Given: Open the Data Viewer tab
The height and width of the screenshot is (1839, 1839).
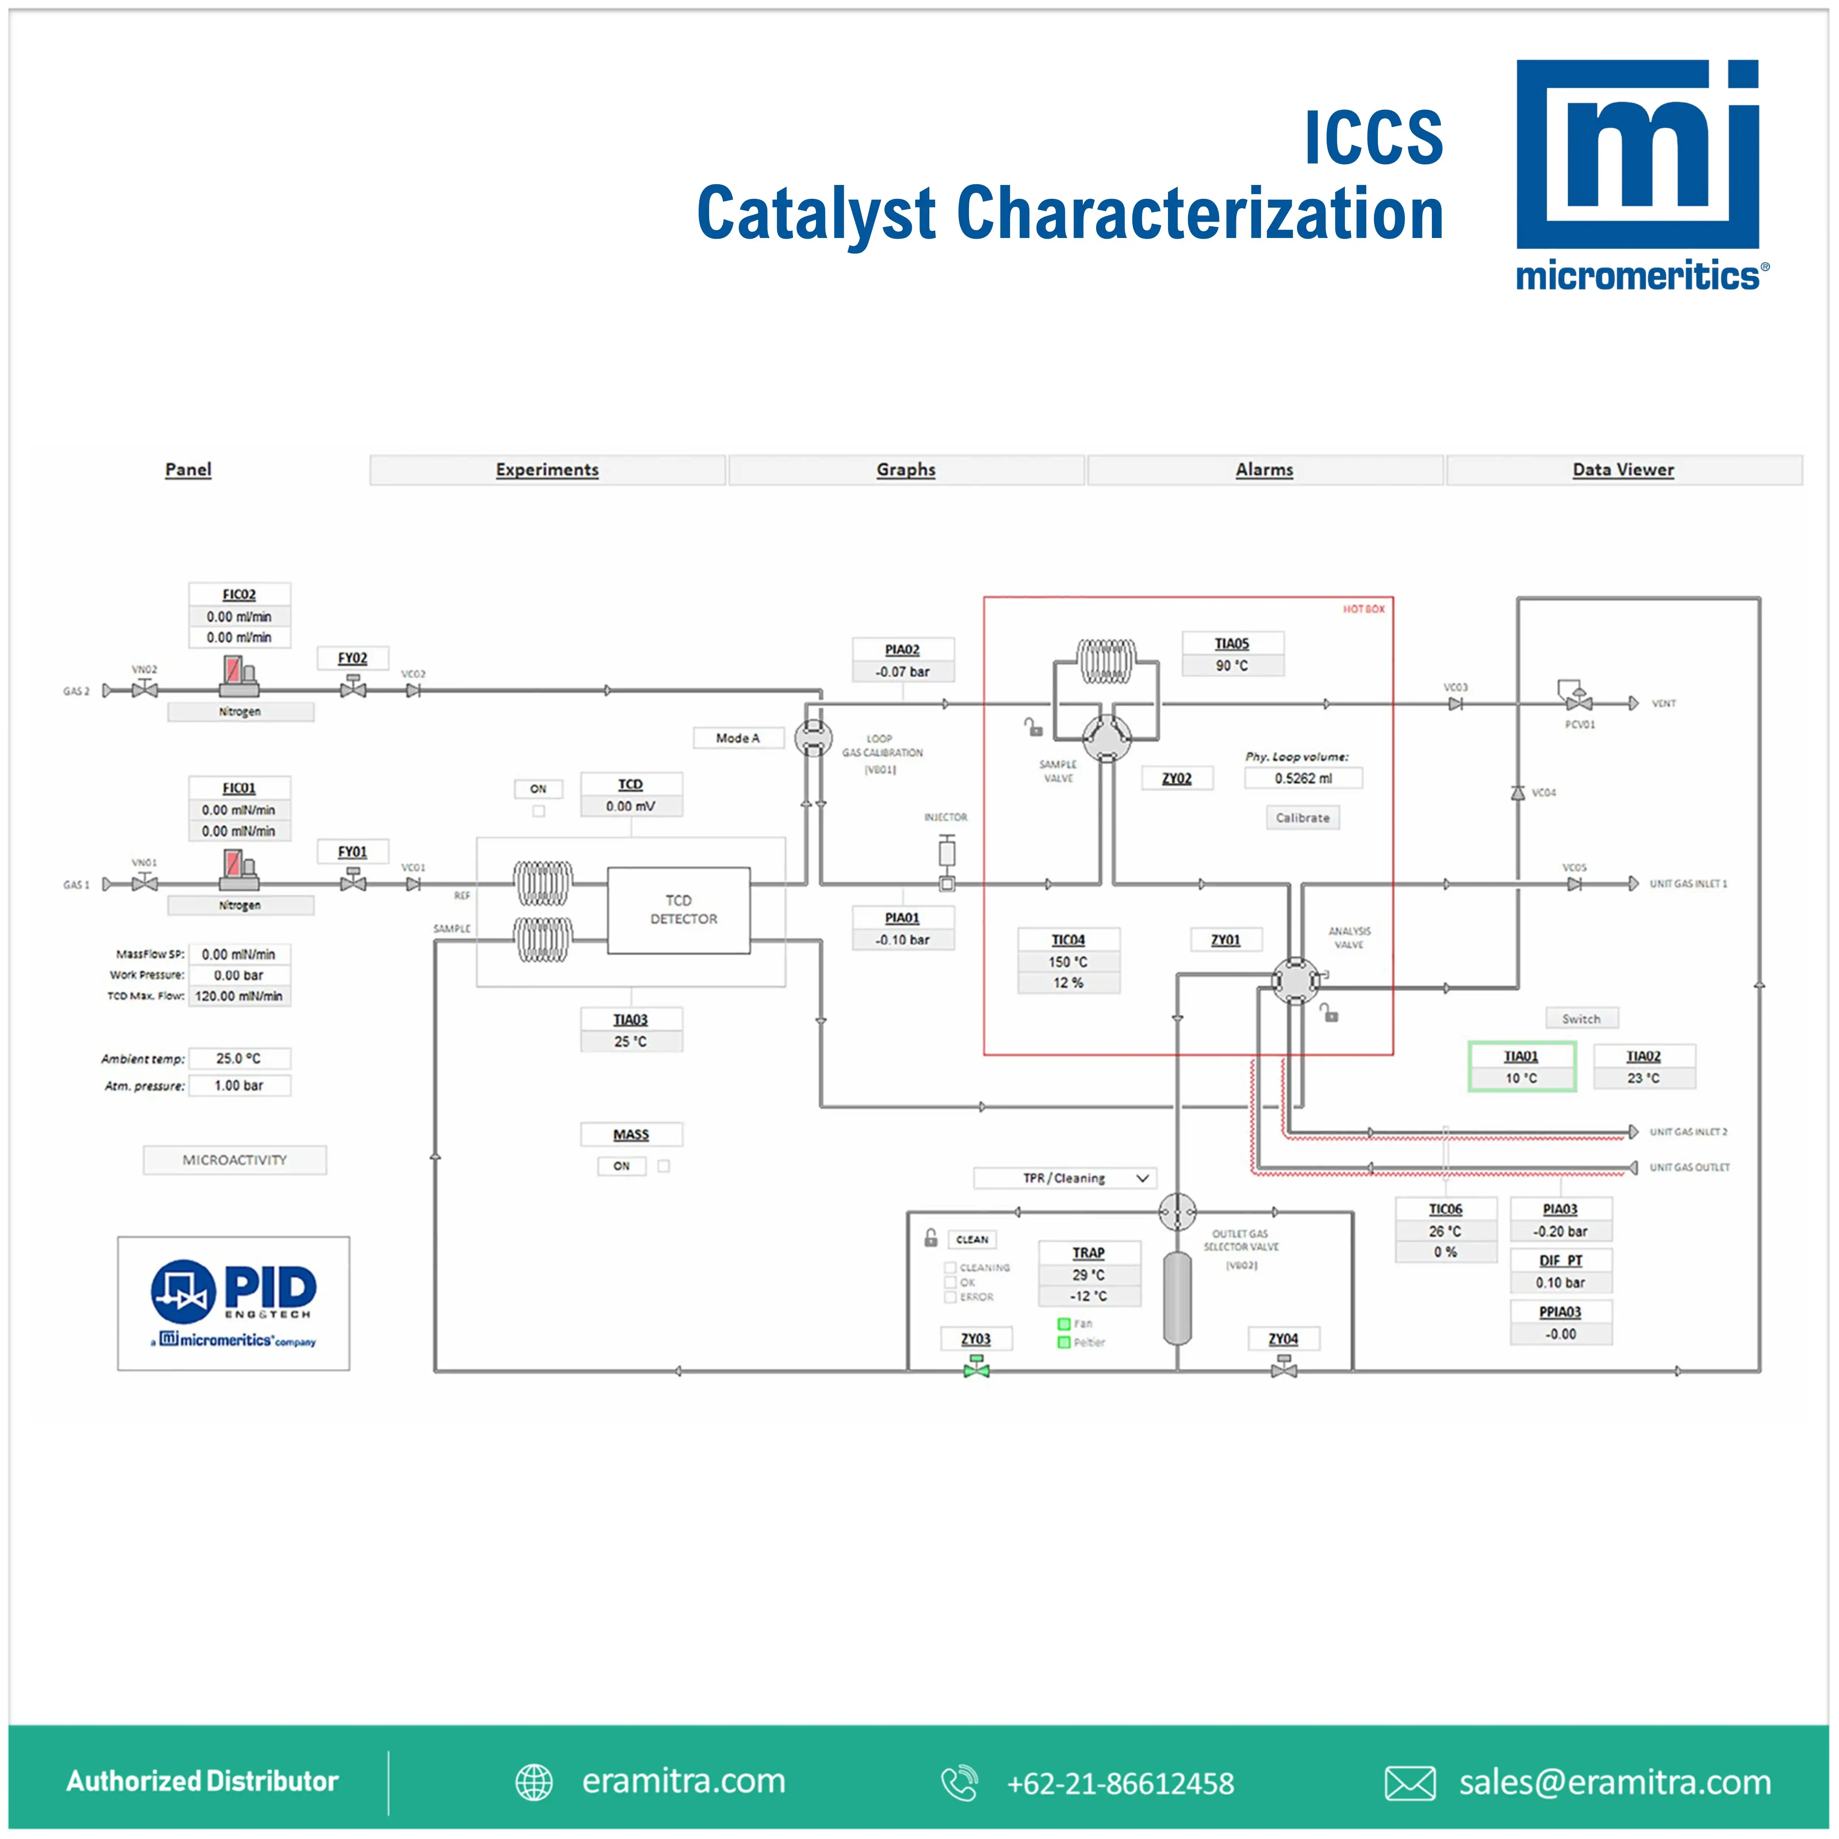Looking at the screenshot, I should coord(1623,470).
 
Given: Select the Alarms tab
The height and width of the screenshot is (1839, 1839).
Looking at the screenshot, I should coord(1264,470).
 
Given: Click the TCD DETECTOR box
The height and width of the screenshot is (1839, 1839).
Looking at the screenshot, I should coord(679,910).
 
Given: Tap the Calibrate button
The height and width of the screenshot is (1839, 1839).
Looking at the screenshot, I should coord(1302,818).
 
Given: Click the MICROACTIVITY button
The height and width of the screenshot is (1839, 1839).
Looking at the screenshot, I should coord(234,1160).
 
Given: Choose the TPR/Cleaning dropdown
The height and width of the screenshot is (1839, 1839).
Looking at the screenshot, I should coord(1065,1178).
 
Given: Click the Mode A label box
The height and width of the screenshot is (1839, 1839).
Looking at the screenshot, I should coord(738,738).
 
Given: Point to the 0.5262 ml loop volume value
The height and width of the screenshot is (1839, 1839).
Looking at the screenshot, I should coord(1303,778).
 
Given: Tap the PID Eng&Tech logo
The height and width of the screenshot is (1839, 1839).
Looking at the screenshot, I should coord(233,1303).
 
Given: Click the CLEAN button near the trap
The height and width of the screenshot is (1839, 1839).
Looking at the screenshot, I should coord(972,1239).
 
